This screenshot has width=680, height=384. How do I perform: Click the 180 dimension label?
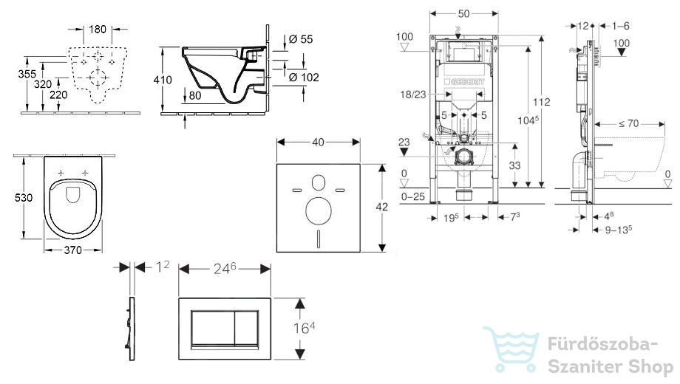tap(98, 29)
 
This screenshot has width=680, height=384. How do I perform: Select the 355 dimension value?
tap(27, 74)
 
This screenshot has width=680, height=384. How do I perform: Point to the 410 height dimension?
tap(163, 80)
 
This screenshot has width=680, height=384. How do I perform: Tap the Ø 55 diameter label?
tap(301, 39)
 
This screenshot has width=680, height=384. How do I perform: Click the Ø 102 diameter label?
tap(304, 78)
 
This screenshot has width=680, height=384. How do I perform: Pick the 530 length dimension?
tap(24, 198)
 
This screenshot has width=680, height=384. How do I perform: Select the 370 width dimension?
tap(73, 250)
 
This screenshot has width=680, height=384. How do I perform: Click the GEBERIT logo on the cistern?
tap(463, 82)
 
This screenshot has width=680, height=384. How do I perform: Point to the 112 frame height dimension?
tap(541, 102)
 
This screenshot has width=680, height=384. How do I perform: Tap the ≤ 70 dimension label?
tap(629, 124)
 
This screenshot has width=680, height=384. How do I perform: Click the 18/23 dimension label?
tap(413, 95)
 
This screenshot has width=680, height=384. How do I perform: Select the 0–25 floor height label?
tap(413, 196)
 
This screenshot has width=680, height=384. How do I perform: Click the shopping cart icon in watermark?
tap(511, 349)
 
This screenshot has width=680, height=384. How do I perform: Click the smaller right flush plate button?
tap(246, 328)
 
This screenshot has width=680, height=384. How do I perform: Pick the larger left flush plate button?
tap(213, 328)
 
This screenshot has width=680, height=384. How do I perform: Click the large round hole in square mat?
tap(319, 211)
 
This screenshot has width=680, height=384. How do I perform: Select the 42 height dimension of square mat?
tap(381, 208)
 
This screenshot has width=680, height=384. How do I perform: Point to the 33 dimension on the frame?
tap(514, 165)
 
